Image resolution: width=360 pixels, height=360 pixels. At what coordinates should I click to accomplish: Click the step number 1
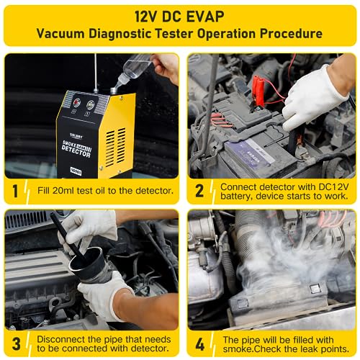tap(16, 190)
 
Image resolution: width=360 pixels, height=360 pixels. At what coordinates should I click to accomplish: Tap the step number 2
tap(200, 190)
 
